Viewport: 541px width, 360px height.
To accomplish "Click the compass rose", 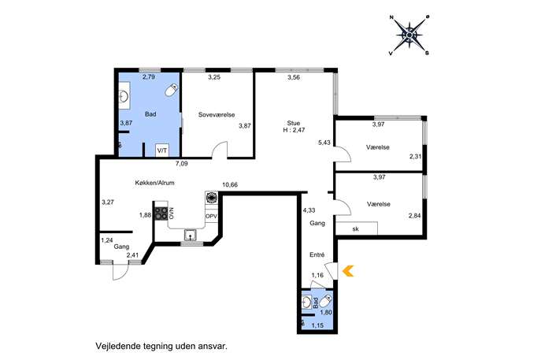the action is coord(409,35).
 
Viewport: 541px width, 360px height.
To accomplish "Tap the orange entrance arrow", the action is coord(348,271).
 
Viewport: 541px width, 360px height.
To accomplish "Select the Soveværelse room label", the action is coord(217,114).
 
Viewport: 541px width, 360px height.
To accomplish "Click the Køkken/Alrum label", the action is coord(154,183).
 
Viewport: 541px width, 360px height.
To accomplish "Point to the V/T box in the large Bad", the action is coord(162,150).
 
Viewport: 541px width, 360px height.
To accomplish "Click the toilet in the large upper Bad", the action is coord(171,90).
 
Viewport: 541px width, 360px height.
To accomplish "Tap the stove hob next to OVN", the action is coord(161,213).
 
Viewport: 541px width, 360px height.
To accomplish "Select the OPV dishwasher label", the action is coord(211,217).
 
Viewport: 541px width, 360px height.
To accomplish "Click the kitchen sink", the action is coord(190,235).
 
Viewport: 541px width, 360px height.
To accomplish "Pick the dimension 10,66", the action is coord(230,184).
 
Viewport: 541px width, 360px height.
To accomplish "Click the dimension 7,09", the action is coord(181,164).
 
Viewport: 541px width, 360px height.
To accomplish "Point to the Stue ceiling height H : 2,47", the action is coord(294,130).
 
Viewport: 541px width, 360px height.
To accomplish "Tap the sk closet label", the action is coord(355,228).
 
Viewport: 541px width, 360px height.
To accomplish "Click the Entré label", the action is coord(317,255).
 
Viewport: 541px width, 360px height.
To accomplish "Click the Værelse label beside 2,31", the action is coord(378,147).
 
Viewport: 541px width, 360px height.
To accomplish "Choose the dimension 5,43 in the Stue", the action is coord(324,143).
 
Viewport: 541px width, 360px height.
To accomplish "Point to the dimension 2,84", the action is coord(415,216).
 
